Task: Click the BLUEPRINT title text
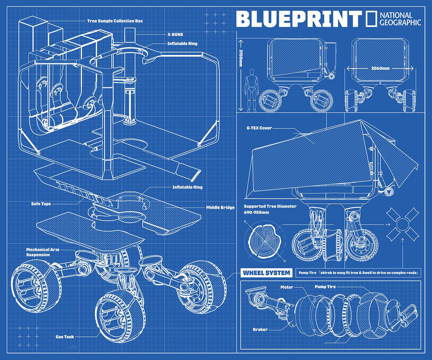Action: pyautogui.click(x=299, y=19)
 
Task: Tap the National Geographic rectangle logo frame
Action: pyautogui.click(x=371, y=19)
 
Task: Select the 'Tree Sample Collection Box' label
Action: pyautogui.click(x=115, y=21)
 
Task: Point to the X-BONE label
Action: pyautogui.click(x=175, y=35)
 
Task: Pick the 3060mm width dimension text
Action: pyautogui.click(x=380, y=68)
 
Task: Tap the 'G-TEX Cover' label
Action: pyautogui.click(x=259, y=128)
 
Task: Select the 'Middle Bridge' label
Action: pyautogui.click(x=220, y=208)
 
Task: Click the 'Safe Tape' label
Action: pyautogui.click(x=41, y=204)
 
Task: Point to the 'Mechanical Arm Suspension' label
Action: pyautogui.click(x=42, y=252)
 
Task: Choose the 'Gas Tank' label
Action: pyautogui.click(x=65, y=337)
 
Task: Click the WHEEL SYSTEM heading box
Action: pyautogui.click(x=266, y=273)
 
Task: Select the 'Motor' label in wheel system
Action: pyautogui.click(x=287, y=287)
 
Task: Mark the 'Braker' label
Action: pyautogui.click(x=260, y=329)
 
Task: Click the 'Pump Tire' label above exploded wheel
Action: pyautogui.click(x=325, y=287)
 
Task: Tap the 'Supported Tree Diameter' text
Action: pyautogui.click(x=270, y=206)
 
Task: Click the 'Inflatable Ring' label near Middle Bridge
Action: pyautogui.click(x=187, y=187)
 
